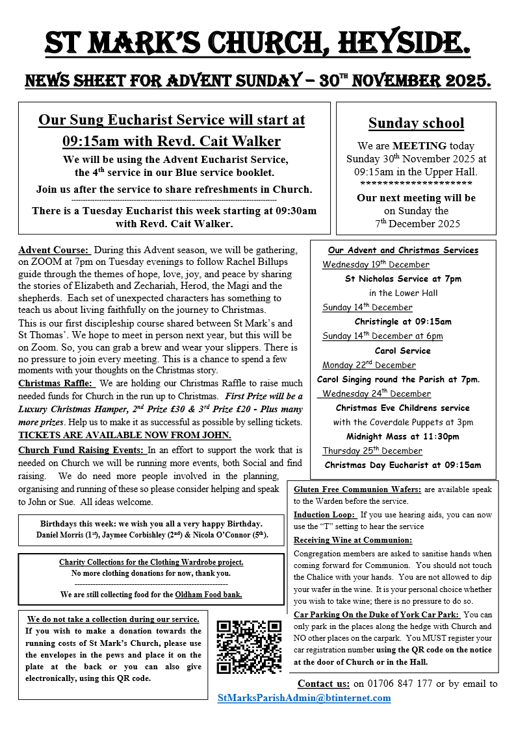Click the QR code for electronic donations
(250, 647)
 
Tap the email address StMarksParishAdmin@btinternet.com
(304, 698)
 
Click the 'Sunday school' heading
(417, 123)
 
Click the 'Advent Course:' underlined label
(54, 250)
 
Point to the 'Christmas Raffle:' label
(57, 384)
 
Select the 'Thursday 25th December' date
(372, 451)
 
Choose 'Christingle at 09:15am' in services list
(403, 321)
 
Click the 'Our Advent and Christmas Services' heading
(403, 250)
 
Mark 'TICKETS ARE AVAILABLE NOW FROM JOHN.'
(125, 435)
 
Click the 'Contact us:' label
(324, 684)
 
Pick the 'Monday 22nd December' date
(369, 365)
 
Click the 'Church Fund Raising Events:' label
(81, 450)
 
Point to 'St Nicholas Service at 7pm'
(403, 278)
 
